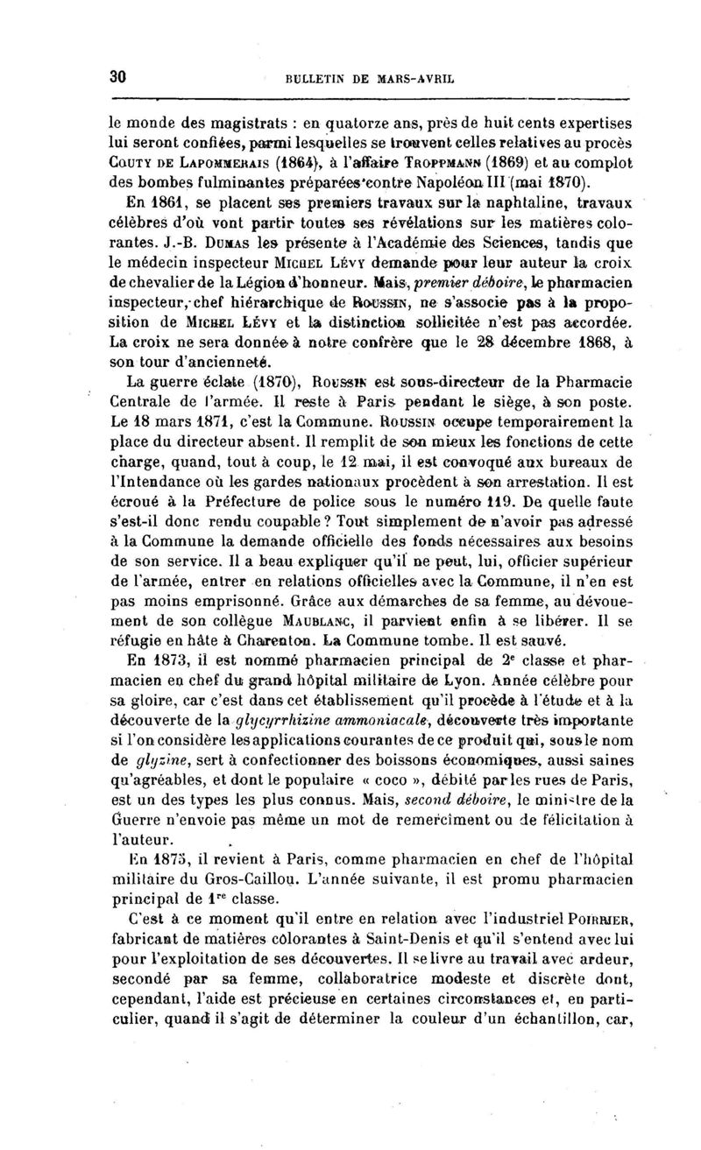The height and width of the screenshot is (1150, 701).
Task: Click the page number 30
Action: (x=119, y=76)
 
